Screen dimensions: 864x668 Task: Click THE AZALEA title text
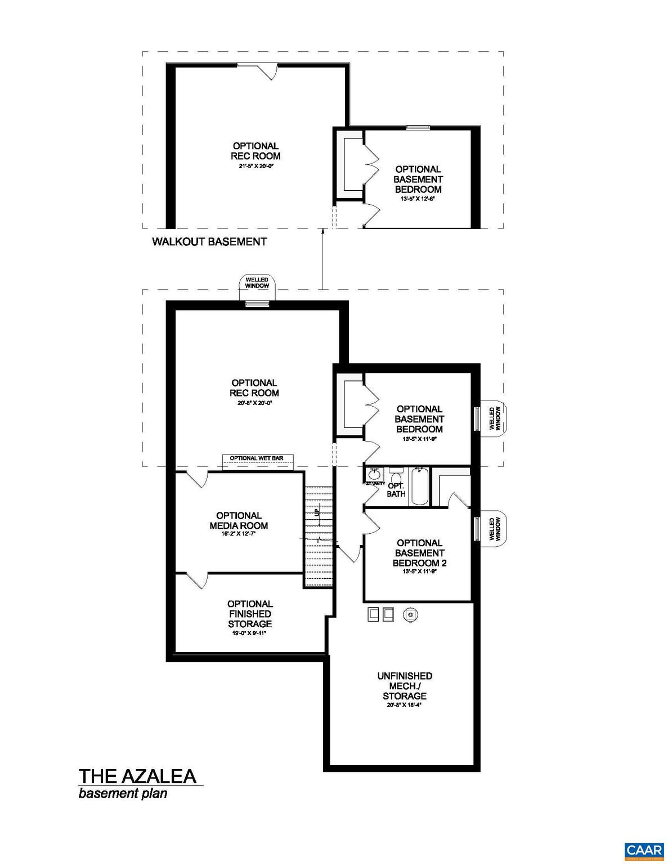(137, 776)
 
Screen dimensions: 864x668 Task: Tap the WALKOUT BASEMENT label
(209, 242)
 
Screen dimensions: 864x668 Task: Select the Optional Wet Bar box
(257, 458)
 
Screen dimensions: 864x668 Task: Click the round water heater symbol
(410, 615)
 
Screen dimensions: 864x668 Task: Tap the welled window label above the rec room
(257, 282)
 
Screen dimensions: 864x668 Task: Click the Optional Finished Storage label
(250, 614)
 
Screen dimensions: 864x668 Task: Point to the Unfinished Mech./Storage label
(405, 686)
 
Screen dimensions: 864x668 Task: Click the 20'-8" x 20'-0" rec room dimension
(254, 403)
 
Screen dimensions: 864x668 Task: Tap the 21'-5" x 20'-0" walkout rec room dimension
(255, 166)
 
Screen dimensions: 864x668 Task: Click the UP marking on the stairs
(317, 512)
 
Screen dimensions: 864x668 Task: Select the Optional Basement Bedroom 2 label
(419, 553)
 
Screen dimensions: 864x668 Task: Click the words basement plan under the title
(123, 794)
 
